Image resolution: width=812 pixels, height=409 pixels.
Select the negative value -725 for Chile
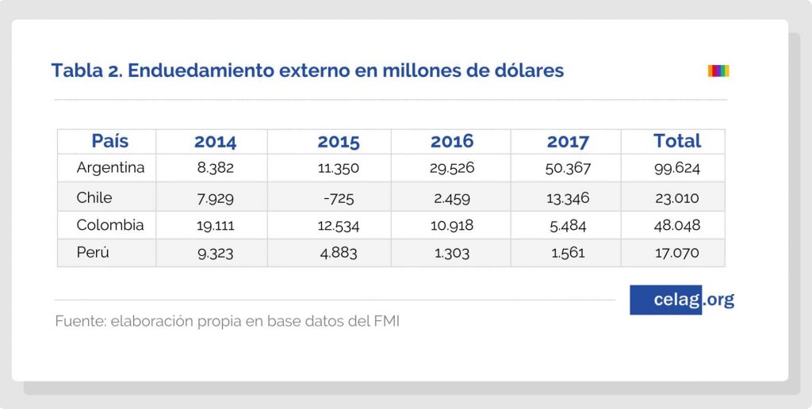pos(339,197)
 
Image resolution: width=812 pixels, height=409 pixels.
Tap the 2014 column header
pos(215,142)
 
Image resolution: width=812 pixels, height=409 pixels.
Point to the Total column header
pos(676,141)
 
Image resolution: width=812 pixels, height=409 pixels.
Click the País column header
pos(109,141)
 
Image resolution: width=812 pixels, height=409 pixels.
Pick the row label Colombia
pos(110,225)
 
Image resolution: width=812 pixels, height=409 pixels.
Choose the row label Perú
pos(94,253)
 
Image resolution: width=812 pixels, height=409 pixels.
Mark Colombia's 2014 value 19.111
pos(215,226)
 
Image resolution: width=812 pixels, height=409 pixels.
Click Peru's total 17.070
pos(676,254)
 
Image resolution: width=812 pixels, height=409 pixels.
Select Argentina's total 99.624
pos(676,168)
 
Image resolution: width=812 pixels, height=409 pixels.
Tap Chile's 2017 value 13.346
pos(568,197)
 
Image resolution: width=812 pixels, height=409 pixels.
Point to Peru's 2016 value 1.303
pos(451,254)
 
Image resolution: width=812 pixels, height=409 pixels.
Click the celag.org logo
pos(682,300)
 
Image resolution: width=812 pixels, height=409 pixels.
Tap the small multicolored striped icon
pos(718,71)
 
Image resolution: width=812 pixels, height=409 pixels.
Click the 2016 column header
pos(451,142)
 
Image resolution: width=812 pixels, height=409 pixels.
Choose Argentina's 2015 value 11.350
pos(339,168)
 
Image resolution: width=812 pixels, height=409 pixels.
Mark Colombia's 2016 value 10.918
pos(451,226)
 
